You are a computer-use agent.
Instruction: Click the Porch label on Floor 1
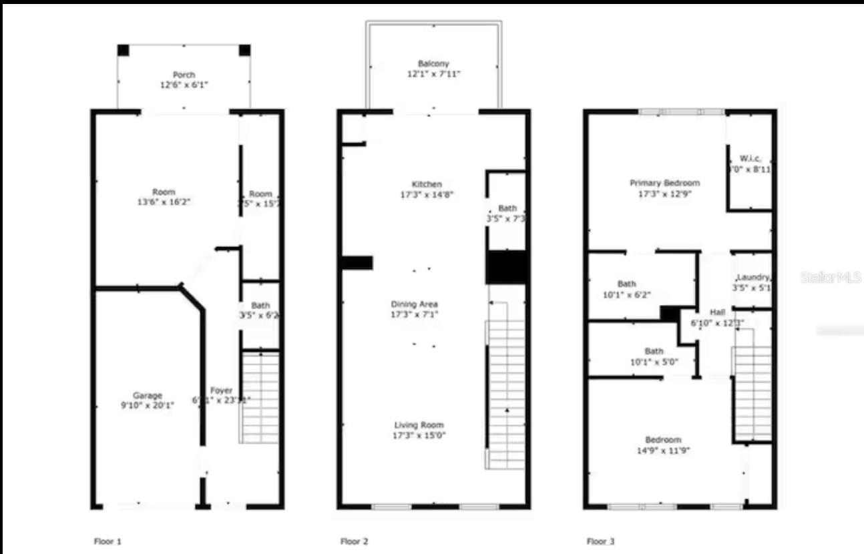coord(184,75)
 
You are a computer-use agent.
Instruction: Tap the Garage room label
coord(147,396)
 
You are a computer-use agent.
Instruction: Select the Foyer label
coord(222,390)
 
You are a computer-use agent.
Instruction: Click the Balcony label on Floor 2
coord(434,64)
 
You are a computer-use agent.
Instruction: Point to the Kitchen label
coord(427,185)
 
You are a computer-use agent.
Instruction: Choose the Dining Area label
coord(415,304)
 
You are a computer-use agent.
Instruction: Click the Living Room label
coord(419,425)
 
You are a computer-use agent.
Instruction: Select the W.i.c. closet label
coord(750,159)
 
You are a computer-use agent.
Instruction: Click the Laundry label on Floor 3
coord(753,278)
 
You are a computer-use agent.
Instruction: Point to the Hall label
coord(717,312)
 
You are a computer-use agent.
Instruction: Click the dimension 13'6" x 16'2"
coord(164,202)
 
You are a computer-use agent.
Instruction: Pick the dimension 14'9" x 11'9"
coord(663,450)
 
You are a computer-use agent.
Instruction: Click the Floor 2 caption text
coord(354,541)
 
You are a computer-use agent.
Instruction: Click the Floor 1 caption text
coord(107,541)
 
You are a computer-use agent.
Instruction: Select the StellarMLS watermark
coord(831,277)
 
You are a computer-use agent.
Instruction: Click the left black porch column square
coord(123,50)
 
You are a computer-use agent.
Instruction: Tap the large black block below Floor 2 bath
coord(507,267)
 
